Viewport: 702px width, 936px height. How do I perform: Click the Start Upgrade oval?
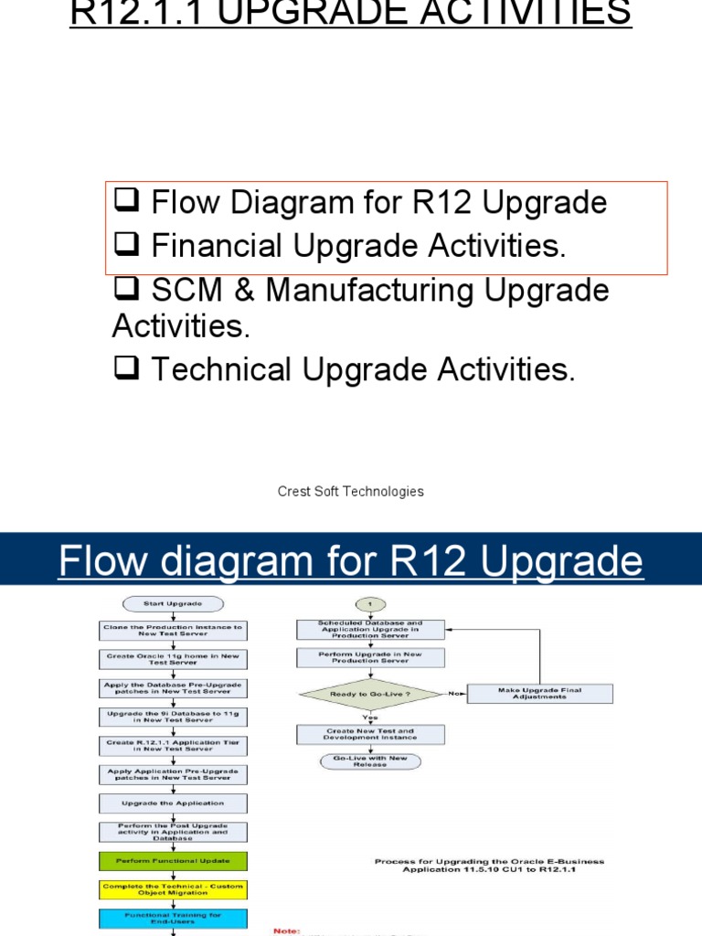[x=172, y=603]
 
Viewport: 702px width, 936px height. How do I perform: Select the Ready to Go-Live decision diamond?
[x=370, y=694]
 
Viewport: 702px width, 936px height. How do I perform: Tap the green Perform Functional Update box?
[x=172, y=860]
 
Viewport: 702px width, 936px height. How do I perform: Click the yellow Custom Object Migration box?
[x=172, y=888]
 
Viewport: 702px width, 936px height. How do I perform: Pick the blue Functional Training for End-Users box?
[x=172, y=917]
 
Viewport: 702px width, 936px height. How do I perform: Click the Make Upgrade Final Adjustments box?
[x=539, y=693]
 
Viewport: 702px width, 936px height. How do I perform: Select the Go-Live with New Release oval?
[x=370, y=761]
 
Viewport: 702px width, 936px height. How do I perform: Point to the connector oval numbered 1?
[x=370, y=603]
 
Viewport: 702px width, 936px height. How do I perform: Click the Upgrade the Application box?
[x=172, y=803]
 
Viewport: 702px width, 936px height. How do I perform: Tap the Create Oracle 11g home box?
[x=172, y=659]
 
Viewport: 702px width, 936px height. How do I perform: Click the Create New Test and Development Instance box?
[x=370, y=735]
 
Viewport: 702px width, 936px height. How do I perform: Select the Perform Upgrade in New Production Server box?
[x=370, y=658]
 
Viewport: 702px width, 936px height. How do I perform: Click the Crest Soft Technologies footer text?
[x=350, y=492]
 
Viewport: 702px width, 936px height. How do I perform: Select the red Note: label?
[x=287, y=931]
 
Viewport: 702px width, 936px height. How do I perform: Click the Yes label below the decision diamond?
[x=370, y=718]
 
